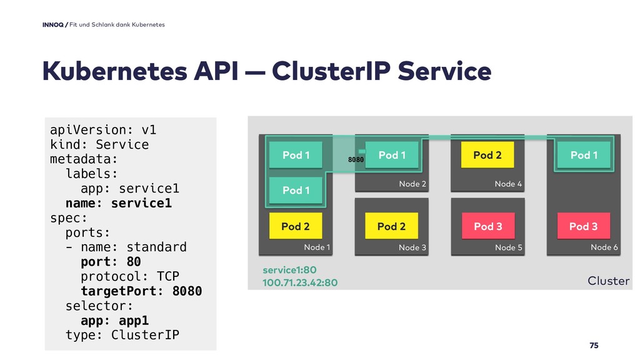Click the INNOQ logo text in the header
(x=53, y=24)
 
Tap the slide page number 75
(x=594, y=345)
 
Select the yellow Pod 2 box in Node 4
(x=487, y=155)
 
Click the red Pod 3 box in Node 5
(x=487, y=226)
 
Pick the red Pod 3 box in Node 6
(x=584, y=226)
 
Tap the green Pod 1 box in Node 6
(x=584, y=155)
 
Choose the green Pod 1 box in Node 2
(x=392, y=155)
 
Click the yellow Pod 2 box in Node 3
(x=391, y=226)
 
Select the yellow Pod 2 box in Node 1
(x=296, y=226)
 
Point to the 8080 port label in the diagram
(x=356, y=159)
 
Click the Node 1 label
(x=317, y=247)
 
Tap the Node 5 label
(x=509, y=247)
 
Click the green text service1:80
(x=289, y=270)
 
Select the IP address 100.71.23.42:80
(x=300, y=282)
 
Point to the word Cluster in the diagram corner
(x=609, y=281)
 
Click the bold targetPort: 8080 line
(x=141, y=291)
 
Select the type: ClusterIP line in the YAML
(x=122, y=335)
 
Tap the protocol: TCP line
(x=130, y=276)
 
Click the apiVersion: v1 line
(x=103, y=130)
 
